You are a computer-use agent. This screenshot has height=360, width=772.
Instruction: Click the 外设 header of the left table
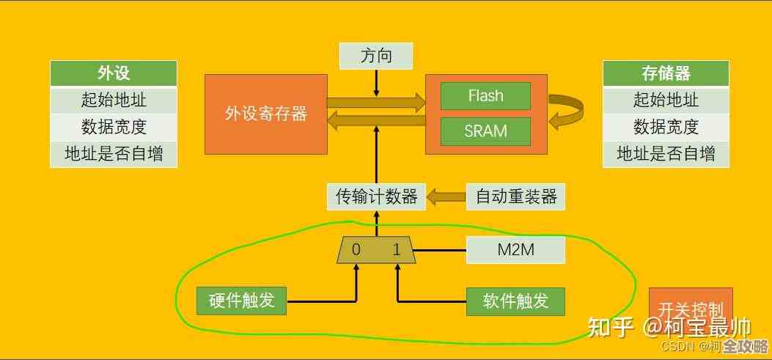point(114,73)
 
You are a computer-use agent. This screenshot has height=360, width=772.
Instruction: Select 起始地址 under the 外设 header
point(114,100)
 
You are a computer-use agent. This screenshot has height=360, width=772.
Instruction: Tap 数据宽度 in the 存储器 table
point(666,127)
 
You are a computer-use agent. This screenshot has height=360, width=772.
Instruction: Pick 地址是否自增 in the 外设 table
point(114,154)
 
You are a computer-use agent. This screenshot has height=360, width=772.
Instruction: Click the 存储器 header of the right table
point(666,73)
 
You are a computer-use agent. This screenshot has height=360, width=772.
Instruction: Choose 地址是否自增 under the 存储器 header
point(666,154)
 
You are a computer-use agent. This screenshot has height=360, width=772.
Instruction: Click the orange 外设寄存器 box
point(265,114)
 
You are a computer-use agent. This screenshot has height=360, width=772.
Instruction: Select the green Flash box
point(485,96)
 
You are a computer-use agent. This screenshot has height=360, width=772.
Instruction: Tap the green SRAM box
point(485,131)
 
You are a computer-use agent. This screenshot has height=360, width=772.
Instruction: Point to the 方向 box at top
point(376,56)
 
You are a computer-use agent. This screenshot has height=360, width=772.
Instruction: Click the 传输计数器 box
point(376,196)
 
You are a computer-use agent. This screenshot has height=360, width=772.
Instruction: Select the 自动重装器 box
point(516,196)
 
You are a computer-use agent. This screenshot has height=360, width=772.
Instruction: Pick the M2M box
point(516,250)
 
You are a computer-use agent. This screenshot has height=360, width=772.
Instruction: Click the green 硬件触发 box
point(241,301)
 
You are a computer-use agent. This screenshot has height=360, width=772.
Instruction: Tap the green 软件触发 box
point(516,301)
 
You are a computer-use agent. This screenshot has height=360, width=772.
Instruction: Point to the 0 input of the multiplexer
point(356,250)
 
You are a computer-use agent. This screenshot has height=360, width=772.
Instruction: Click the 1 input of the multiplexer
point(397,250)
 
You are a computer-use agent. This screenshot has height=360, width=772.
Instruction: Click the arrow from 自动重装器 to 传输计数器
point(446,196)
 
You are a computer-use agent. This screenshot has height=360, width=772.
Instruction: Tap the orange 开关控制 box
point(691,309)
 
